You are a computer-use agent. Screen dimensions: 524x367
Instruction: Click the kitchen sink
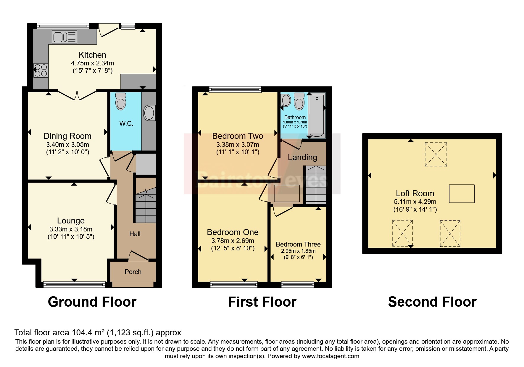[65, 37]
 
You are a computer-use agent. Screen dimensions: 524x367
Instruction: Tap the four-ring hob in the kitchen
[41, 70]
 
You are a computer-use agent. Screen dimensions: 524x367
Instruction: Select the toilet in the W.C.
[121, 101]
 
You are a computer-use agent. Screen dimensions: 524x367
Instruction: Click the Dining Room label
[67, 136]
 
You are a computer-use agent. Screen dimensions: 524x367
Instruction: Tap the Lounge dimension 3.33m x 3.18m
[71, 229]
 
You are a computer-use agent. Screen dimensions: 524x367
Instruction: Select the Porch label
[133, 272]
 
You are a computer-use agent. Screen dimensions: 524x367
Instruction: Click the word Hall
[135, 234]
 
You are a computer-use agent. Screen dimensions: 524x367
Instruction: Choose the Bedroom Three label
[298, 244]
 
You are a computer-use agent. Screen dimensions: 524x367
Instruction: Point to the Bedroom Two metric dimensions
[238, 145]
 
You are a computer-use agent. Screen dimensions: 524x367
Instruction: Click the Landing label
[302, 157]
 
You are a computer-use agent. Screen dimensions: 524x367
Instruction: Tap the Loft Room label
[415, 194]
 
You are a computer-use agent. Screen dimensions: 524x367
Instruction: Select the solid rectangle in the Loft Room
[462, 194]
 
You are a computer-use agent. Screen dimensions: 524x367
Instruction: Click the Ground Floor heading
[92, 302]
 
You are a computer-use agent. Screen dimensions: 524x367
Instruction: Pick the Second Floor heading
[432, 302]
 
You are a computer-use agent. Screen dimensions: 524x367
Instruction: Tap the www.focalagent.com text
[330, 356]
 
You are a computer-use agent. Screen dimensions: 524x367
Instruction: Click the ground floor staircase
[146, 205]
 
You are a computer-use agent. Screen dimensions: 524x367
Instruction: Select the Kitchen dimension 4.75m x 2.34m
[92, 63]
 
